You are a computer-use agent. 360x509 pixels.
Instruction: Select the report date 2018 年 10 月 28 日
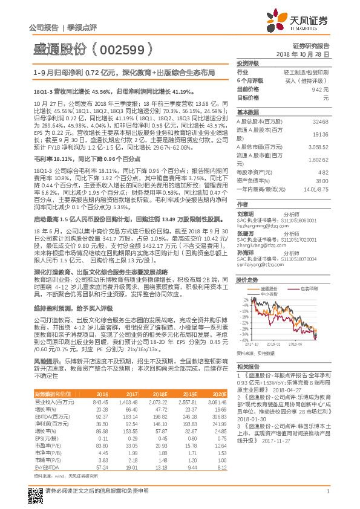pyautogui.click(x=303, y=55)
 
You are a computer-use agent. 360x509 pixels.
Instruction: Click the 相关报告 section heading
pyautogui.click(x=247, y=366)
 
